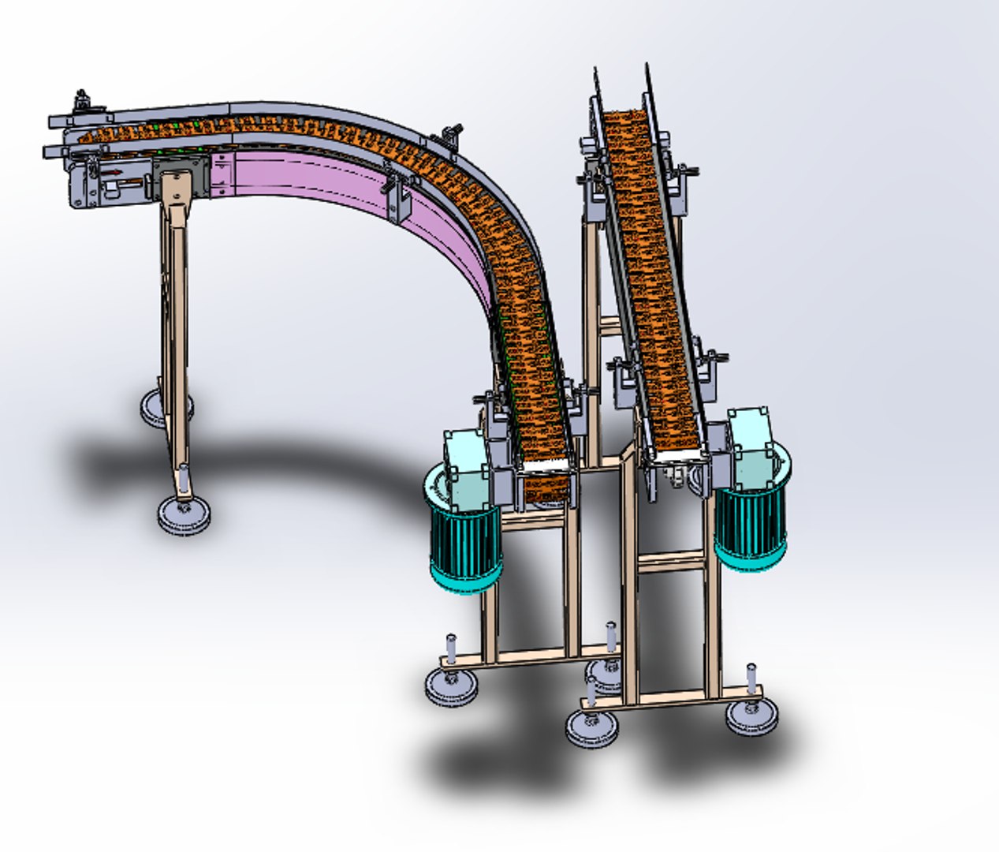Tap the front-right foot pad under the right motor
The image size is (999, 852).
751,715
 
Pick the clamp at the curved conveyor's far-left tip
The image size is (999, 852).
81,101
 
